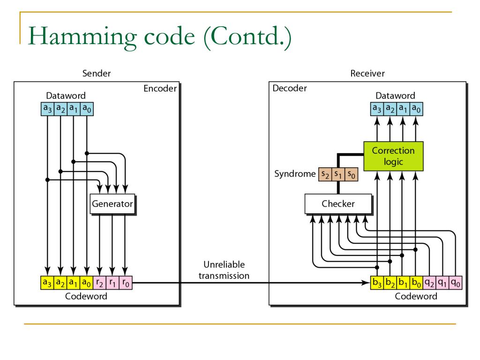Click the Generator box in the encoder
tap(112, 204)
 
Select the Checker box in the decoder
tap(338, 204)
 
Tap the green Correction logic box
tap(393, 156)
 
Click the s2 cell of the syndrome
tap(325, 174)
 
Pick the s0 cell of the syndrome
tap(352, 174)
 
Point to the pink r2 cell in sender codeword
tap(99, 283)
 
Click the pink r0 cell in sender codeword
tap(126, 283)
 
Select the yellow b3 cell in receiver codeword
tap(377, 283)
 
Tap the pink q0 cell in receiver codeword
tap(456, 283)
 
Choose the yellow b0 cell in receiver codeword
tap(416, 283)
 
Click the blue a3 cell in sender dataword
tap(47, 109)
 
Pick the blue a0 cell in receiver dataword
tap(416, 109)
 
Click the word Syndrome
tap(295, 174)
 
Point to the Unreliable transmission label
tap(224, 270)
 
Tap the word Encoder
tap(160, 89)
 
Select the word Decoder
tap(290, 88)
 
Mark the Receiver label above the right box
tap(367, 74)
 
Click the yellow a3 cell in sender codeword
tap(47, 283)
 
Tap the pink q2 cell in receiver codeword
tap(429, 283)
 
